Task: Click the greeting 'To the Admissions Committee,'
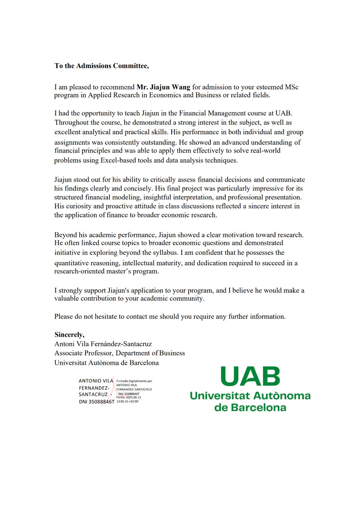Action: [x=102, y=66]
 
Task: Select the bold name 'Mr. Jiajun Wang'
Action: [x=163, y=87]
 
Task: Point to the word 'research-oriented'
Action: [x=78, y=271]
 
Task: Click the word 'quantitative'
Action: [x=71, y=263]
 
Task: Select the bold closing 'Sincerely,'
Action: [x=69, y=335]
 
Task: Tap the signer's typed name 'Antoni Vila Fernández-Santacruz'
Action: [x=103, y=344]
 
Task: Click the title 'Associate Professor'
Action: [x=83, y=353]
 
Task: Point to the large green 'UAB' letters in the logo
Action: [x=250, y=376]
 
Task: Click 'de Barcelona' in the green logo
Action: [x=250, y=408]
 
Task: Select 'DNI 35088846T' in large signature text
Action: [x=96, y=402]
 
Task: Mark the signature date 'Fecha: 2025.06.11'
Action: [x=129, y=397]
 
